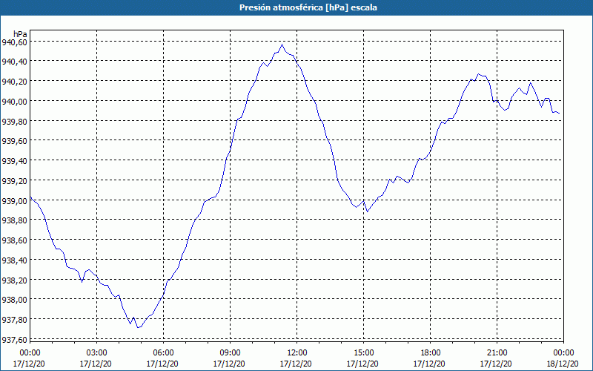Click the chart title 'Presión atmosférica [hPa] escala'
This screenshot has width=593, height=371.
296,7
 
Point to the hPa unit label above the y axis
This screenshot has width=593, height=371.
20,33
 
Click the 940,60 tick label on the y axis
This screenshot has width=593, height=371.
15,42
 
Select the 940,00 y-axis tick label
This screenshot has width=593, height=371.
15,102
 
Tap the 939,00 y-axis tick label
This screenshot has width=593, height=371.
15,200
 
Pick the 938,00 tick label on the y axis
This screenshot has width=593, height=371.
15,300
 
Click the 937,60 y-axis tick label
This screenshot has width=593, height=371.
15,339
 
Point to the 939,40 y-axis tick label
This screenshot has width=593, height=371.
15,161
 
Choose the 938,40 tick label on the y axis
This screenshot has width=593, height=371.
15,260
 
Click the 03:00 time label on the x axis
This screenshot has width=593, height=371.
96,352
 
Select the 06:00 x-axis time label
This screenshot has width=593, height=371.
163,352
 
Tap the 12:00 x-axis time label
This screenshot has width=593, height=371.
296,352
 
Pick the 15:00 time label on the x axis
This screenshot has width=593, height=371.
363,352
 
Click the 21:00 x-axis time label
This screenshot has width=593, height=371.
497,352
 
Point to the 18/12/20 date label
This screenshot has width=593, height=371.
563,364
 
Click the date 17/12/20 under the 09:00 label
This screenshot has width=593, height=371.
230,364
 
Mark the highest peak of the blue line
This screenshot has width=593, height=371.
282,45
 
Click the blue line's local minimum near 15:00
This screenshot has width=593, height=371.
367,212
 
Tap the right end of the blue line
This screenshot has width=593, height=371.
560,114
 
